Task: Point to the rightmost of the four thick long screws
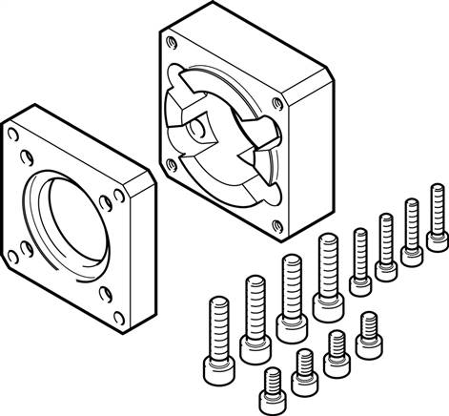(326, 272)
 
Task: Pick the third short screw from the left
(337, 350)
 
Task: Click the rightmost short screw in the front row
(367, 331)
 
